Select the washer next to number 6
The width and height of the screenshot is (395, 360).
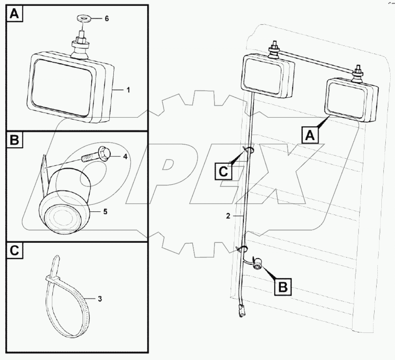coord(83,18)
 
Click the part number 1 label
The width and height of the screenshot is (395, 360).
coord(128,91)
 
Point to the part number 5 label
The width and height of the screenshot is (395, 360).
coord(105,212)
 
